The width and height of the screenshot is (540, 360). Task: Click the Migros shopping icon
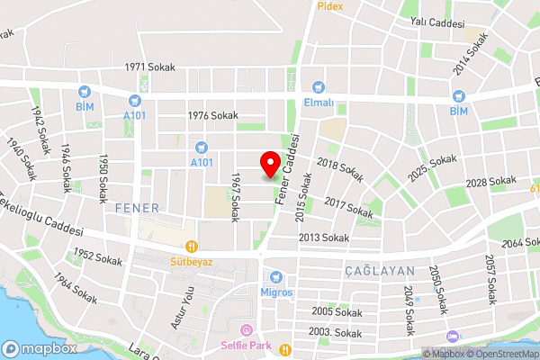click(x=277, y=276)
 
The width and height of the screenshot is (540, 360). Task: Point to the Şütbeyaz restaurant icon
click(x=191, y=246)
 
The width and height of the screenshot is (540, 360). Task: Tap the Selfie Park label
click(x=247, y=345)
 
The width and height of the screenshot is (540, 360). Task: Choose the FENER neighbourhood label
click(x=137, y=208)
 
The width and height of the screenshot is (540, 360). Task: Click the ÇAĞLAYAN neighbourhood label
click(x=380, y=270)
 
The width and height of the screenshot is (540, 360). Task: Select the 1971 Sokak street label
click(x=149, y=67)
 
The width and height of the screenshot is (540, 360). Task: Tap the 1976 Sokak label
click(x=212, y=115)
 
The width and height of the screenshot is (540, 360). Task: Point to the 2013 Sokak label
click(x=324, y=238)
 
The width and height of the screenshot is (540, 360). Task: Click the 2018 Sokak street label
click(x=340, y=170)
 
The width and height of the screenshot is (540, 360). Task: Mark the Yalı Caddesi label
click(x=436, y=22)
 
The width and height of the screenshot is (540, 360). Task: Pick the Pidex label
click(x=329, y=5)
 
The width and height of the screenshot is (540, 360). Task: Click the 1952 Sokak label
click(x=97, y=258)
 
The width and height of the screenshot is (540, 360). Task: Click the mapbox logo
click(x=39, y=348)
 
